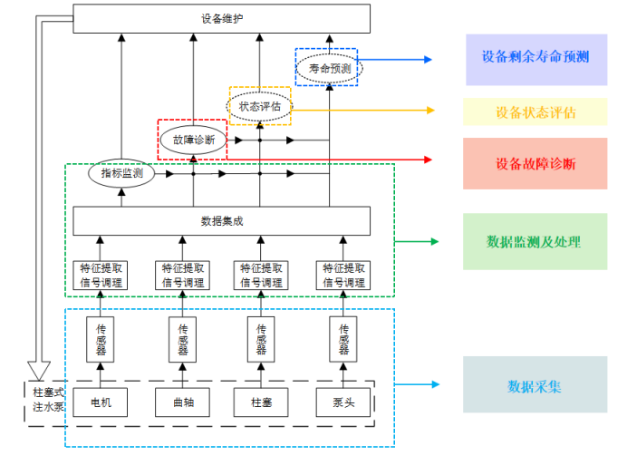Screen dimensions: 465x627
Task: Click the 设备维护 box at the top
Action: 221,18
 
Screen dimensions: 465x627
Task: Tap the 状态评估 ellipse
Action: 259,106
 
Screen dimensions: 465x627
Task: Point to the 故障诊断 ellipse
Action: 193,140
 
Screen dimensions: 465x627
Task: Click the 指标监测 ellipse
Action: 121,172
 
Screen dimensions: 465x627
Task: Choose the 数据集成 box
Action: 221,220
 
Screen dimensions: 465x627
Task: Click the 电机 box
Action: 101,402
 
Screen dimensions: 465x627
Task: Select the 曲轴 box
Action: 183,402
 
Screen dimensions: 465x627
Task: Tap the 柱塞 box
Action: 261,402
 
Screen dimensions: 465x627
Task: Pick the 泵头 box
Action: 343,402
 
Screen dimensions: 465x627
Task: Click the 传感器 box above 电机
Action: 101,339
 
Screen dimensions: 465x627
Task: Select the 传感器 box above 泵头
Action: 343,339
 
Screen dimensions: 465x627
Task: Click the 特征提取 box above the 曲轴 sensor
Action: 183,275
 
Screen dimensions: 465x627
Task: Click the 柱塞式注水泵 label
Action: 43,400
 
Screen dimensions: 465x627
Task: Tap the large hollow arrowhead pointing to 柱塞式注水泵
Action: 39,369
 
